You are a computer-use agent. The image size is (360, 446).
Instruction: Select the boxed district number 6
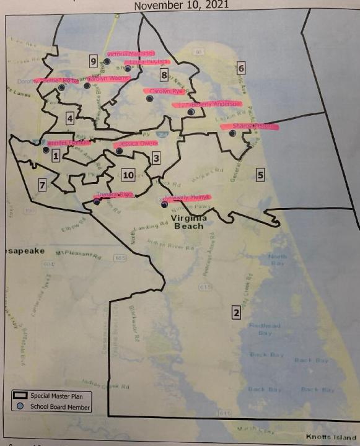(x=241, y=68)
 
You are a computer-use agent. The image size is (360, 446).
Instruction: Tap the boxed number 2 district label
(x=235, y=312)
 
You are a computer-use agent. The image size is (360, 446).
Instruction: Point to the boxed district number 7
(x=42, y=185)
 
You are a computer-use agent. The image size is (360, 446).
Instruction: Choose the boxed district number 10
(x=128, y=175)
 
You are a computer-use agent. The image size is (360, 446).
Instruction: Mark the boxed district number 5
(x=260, y=175)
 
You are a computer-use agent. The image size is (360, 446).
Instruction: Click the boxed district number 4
(x=71, y=118)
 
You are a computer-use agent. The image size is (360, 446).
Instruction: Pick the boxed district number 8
(x=164, y=76)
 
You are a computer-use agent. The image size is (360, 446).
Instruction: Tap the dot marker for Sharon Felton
(x=232, y=133)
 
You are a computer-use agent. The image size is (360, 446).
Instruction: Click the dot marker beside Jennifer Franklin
(x=46, y=149)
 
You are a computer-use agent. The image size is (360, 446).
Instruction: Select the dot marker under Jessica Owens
(x=120, y=151)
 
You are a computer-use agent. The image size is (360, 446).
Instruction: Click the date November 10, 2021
(x=181, y=5)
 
